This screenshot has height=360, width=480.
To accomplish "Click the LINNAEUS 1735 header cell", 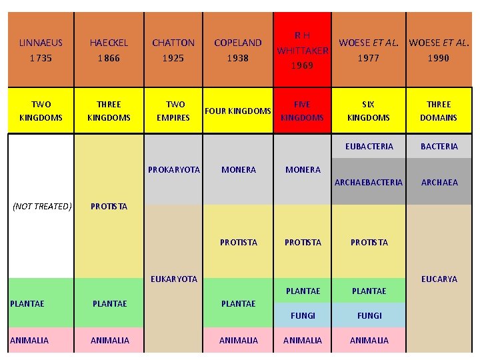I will point(41,50).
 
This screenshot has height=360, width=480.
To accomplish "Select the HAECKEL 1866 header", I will point(109,50).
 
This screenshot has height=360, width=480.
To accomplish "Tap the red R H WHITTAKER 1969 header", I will point(303,50).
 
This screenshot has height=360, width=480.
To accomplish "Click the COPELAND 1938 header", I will point(238,50).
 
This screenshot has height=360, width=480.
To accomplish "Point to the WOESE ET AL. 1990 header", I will point(439,50).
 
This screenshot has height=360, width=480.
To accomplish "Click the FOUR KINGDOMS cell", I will point(237,111).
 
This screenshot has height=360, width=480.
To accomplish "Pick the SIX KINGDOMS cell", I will point(368,111).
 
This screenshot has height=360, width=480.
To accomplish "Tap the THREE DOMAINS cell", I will point(439,111).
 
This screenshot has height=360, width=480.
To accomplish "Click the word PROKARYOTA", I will point(174,169).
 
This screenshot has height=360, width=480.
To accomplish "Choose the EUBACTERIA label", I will point(369,146).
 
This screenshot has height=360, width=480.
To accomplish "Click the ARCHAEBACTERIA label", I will point(369,182).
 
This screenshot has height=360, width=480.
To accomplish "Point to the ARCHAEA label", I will point(439,182).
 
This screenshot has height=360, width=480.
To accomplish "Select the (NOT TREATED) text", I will point(42,206).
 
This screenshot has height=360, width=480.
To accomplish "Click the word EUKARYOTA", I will point(174,279).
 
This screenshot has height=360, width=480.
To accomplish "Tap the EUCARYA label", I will point(439,279).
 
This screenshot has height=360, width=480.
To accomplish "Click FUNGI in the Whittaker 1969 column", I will point(303,315).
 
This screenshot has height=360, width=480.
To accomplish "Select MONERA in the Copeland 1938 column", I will point(238,169).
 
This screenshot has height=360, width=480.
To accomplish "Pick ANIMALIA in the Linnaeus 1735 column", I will point(29,340).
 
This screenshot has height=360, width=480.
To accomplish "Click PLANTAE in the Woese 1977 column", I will point(369,291).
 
